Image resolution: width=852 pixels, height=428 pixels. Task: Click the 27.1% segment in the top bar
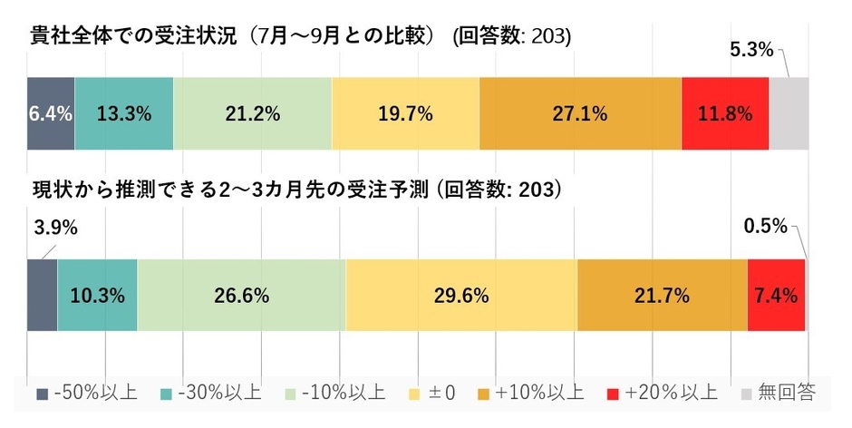[580, 113]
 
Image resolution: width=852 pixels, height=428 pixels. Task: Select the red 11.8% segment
[725, 113]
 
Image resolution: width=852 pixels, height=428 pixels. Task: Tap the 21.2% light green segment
[252, 113]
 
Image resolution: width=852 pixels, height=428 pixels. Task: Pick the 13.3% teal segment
[124, 113]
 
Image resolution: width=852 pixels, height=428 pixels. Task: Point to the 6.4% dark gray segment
[51, 113]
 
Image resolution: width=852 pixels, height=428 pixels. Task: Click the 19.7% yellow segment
[405, 113]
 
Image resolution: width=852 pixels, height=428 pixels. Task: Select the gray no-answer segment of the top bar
[789, 113]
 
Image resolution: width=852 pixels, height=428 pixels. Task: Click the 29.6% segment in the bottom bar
[460, 295]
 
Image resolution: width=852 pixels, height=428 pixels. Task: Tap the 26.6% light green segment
[241, 295]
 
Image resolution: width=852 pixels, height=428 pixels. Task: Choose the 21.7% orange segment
[662, 295]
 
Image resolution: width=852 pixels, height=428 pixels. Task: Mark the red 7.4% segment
[777, 295]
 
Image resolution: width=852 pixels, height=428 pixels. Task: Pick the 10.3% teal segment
[97, 295]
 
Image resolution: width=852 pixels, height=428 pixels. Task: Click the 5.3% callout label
[751, 50]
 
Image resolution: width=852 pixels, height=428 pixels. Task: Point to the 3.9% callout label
[54, 228]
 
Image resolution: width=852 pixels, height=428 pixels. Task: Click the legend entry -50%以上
[87, 394]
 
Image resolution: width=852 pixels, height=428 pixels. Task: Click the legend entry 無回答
[780, 394]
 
